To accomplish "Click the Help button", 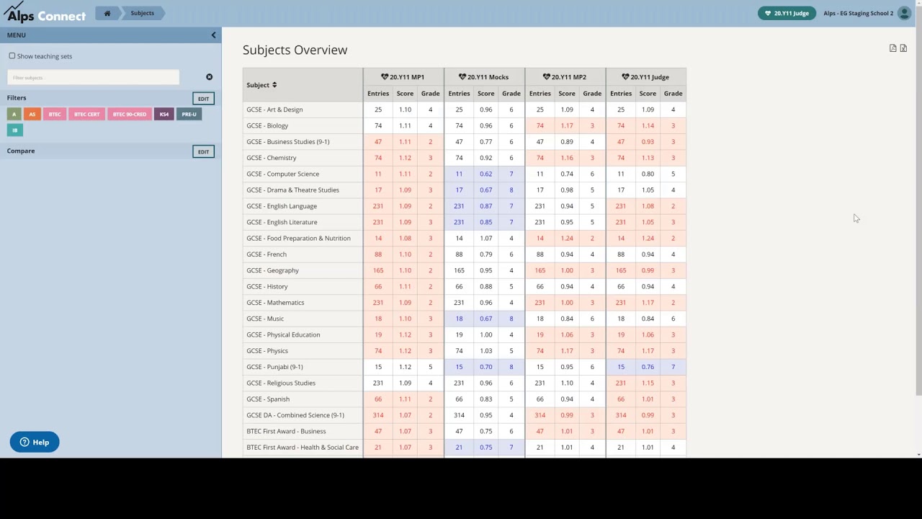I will (x=35, y=442).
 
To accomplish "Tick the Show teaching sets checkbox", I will (x=12, y=56).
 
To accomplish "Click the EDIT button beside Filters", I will (x=203, y=99).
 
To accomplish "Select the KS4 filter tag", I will (x=164, y=114).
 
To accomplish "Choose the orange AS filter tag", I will (x=32, y=114).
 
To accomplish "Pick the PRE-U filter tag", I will (x=189, y=114).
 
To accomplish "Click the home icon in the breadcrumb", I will (x=107, y=13).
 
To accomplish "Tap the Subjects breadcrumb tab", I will (x=142, y=13).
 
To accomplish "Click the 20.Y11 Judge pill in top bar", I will (x=787, y=13).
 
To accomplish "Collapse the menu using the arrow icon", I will (x=213, y=35).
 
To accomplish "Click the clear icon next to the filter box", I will (x=209, y=77).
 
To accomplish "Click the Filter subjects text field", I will (x=93, y=77).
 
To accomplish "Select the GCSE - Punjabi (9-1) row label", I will (x=274, y=367).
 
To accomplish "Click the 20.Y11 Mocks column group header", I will (x=484, y=77).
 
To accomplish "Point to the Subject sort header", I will (x=261, y=85).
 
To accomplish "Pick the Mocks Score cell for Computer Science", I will (x=485, y=174).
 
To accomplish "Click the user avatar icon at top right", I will (x=904, y=13).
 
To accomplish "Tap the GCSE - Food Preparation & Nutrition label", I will (x=298, y=238).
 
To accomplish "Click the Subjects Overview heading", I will (x=295, y=50).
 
